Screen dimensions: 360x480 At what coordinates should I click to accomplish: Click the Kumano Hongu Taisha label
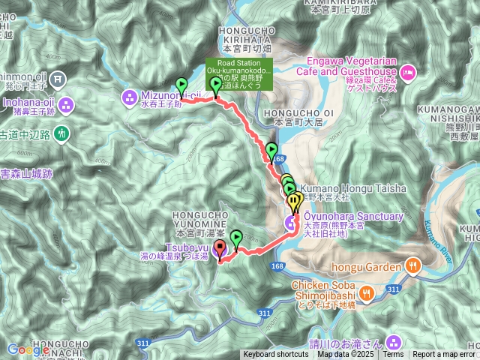point(352,187)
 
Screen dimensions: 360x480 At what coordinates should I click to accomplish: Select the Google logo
point(28,349)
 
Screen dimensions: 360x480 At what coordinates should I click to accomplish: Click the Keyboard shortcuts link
point(275,355)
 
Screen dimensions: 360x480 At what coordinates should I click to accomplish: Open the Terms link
point(393,355)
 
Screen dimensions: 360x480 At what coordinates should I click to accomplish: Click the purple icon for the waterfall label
point(396,342)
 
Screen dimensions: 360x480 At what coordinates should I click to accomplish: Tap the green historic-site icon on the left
point(61,133)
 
